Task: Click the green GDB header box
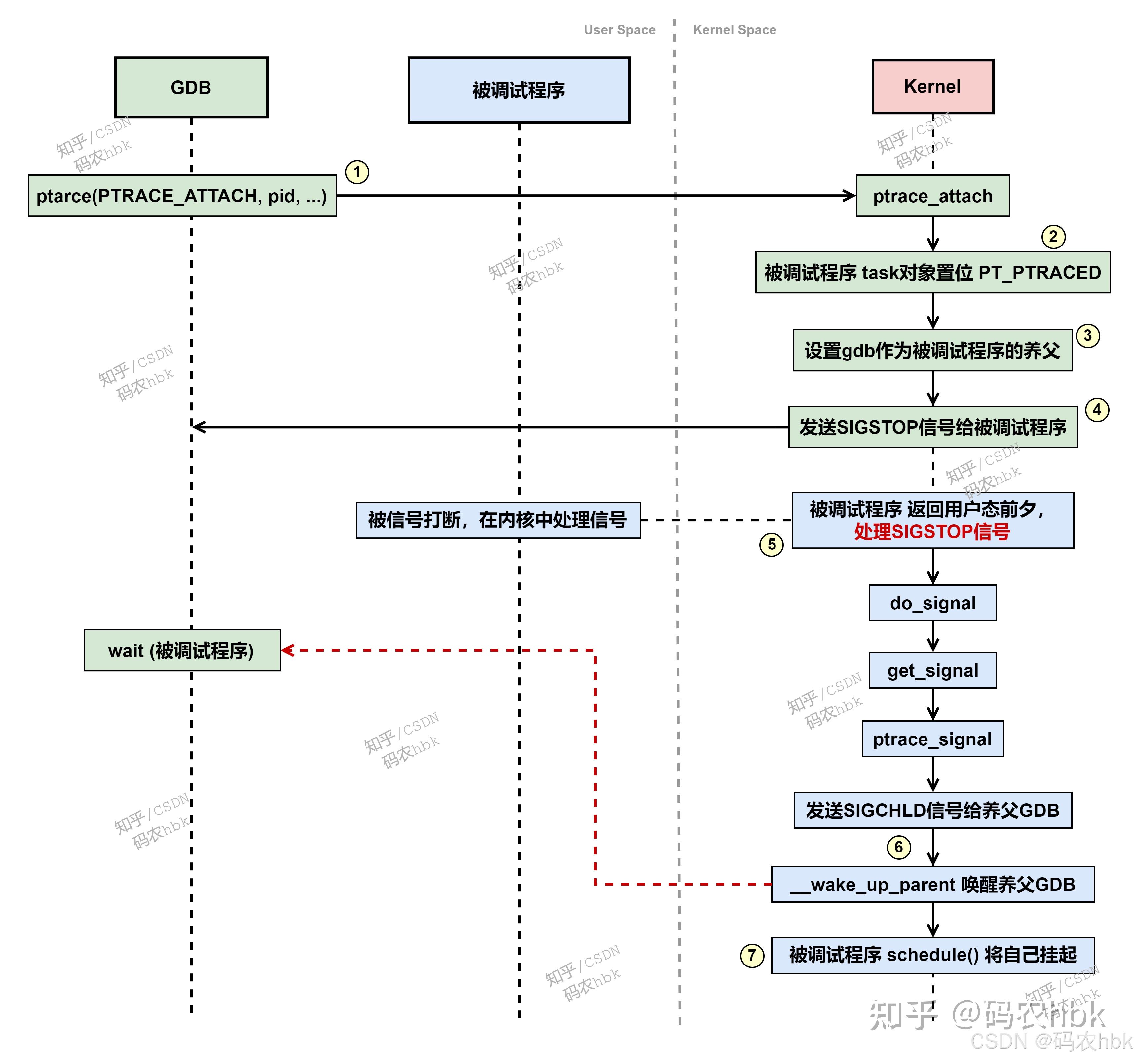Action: click(191, 87)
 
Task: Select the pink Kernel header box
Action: click(932, 87)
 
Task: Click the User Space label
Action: click(620, 30)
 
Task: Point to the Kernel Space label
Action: click(734, 30)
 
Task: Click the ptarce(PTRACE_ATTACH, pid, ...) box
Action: click(182, 196)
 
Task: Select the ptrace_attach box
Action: click(932, 196)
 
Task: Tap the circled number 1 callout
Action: click(357, 172)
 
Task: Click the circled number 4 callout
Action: click(1096, 410)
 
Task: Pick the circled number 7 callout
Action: click(751, 955)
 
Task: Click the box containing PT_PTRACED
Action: click(932, 273)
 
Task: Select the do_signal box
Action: click(932, 603)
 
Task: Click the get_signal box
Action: click(932, 670)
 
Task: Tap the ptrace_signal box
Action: click(932, 739)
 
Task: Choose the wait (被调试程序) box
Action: click(182, 650)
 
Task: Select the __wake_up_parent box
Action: click(932, 884)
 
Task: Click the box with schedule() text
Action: click(932, 955)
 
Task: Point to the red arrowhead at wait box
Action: click(287, 650)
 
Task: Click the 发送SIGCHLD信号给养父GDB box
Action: click(932, 810)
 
